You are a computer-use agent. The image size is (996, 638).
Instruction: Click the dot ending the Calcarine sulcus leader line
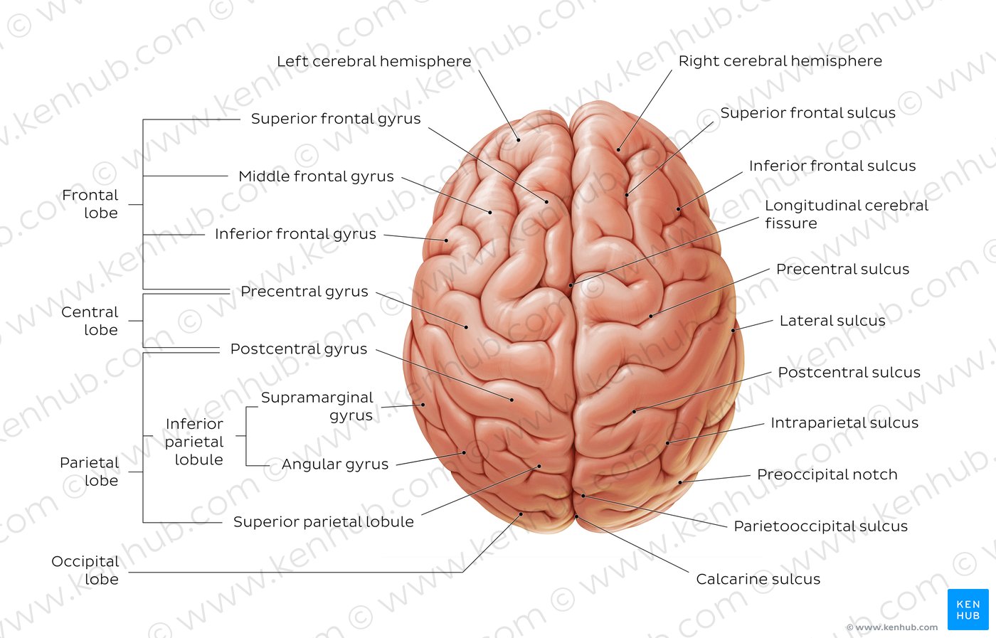tap(577, 516)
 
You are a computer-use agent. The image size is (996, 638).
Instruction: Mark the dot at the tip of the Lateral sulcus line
tap(733, 330)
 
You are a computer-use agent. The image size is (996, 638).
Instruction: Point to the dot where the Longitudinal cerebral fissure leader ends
tap(571, 285)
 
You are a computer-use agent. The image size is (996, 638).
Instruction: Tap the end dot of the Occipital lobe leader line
tap(521, 514)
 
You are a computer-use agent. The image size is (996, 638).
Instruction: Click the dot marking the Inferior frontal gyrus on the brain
tap(447, 240)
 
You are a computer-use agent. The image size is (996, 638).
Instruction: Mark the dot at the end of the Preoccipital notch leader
tap(680, 482)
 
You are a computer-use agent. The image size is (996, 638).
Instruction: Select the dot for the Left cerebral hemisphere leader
tap(519, 140)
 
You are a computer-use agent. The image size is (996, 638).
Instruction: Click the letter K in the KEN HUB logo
tap(960, 604)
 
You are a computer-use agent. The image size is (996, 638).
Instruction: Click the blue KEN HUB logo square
tap(968, 610)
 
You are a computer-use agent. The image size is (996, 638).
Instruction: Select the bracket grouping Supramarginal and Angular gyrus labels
tap(246, 436)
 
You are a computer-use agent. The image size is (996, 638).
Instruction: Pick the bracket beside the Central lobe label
tap(143, 321)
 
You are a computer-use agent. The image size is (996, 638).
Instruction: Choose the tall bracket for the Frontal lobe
tap(143, 204)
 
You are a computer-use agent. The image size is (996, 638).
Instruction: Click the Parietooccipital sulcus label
tap(820, 526)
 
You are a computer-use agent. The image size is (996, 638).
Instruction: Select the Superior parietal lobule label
tap(323, 521)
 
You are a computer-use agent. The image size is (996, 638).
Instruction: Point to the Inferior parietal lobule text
tap(194, 442)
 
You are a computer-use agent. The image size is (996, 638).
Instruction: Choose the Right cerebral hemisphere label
tap(780, 61)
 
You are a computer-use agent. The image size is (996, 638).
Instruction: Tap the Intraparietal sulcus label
tap(844, 422)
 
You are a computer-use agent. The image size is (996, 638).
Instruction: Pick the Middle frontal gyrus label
tap(316, 176)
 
